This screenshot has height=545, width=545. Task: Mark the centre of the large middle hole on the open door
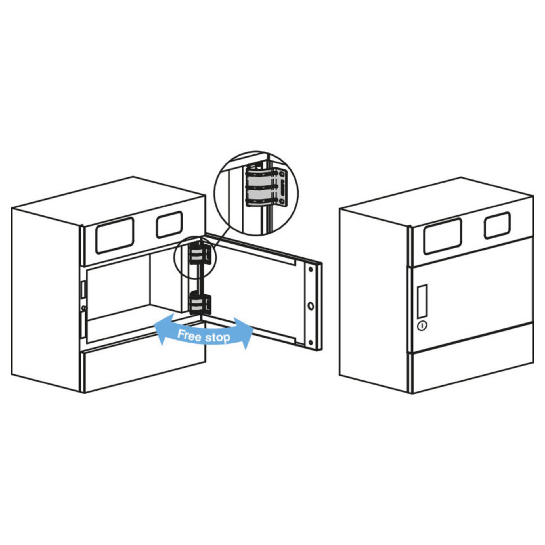pyautogui.click(x=311, y=306)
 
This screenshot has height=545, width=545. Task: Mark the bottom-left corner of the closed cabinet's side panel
pyautogui.click(x=340, y=374)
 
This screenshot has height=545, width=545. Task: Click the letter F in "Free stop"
pyautogui.click(x=181, y=334)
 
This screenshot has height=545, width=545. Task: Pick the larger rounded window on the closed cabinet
pyautogui.click(x=443, y=236)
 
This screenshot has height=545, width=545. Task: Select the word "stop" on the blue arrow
pyautogui.click(x=217, y=338)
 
